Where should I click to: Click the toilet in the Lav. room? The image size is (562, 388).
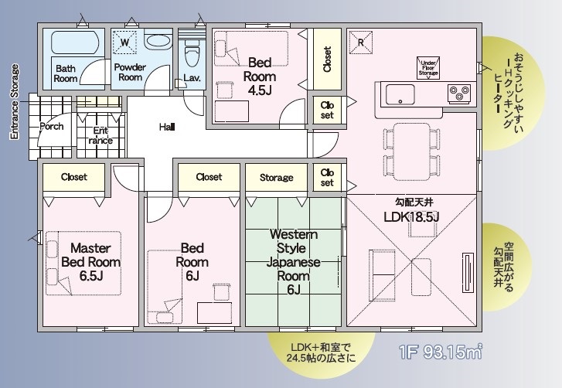(192, 53)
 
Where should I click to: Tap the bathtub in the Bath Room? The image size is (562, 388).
(75, 43)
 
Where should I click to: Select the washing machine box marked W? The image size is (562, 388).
(124, 43)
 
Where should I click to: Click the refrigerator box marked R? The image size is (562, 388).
(360, 43)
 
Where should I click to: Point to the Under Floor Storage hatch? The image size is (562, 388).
(428, 68)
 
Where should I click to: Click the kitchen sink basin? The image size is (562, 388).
(400, 94)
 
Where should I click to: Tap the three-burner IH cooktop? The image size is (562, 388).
(459, 94)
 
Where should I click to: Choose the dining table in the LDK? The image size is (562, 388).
(411, 151)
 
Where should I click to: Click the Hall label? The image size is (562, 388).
(167, 127)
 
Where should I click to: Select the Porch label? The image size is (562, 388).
(52, 127)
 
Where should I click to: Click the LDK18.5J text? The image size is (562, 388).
(411, 216)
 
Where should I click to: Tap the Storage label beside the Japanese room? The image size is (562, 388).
(276, 178)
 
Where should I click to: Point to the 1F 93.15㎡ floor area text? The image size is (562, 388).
(440, 352)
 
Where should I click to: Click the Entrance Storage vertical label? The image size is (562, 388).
(15, 102)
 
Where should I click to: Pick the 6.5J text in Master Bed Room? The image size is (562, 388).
(91, 276)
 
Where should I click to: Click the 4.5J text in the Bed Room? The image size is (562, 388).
(260, 90)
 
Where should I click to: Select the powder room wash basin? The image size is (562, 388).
(158, 41)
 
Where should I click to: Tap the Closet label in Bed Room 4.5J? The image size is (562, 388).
(327, 59)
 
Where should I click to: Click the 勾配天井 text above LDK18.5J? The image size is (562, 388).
(414, 203)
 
